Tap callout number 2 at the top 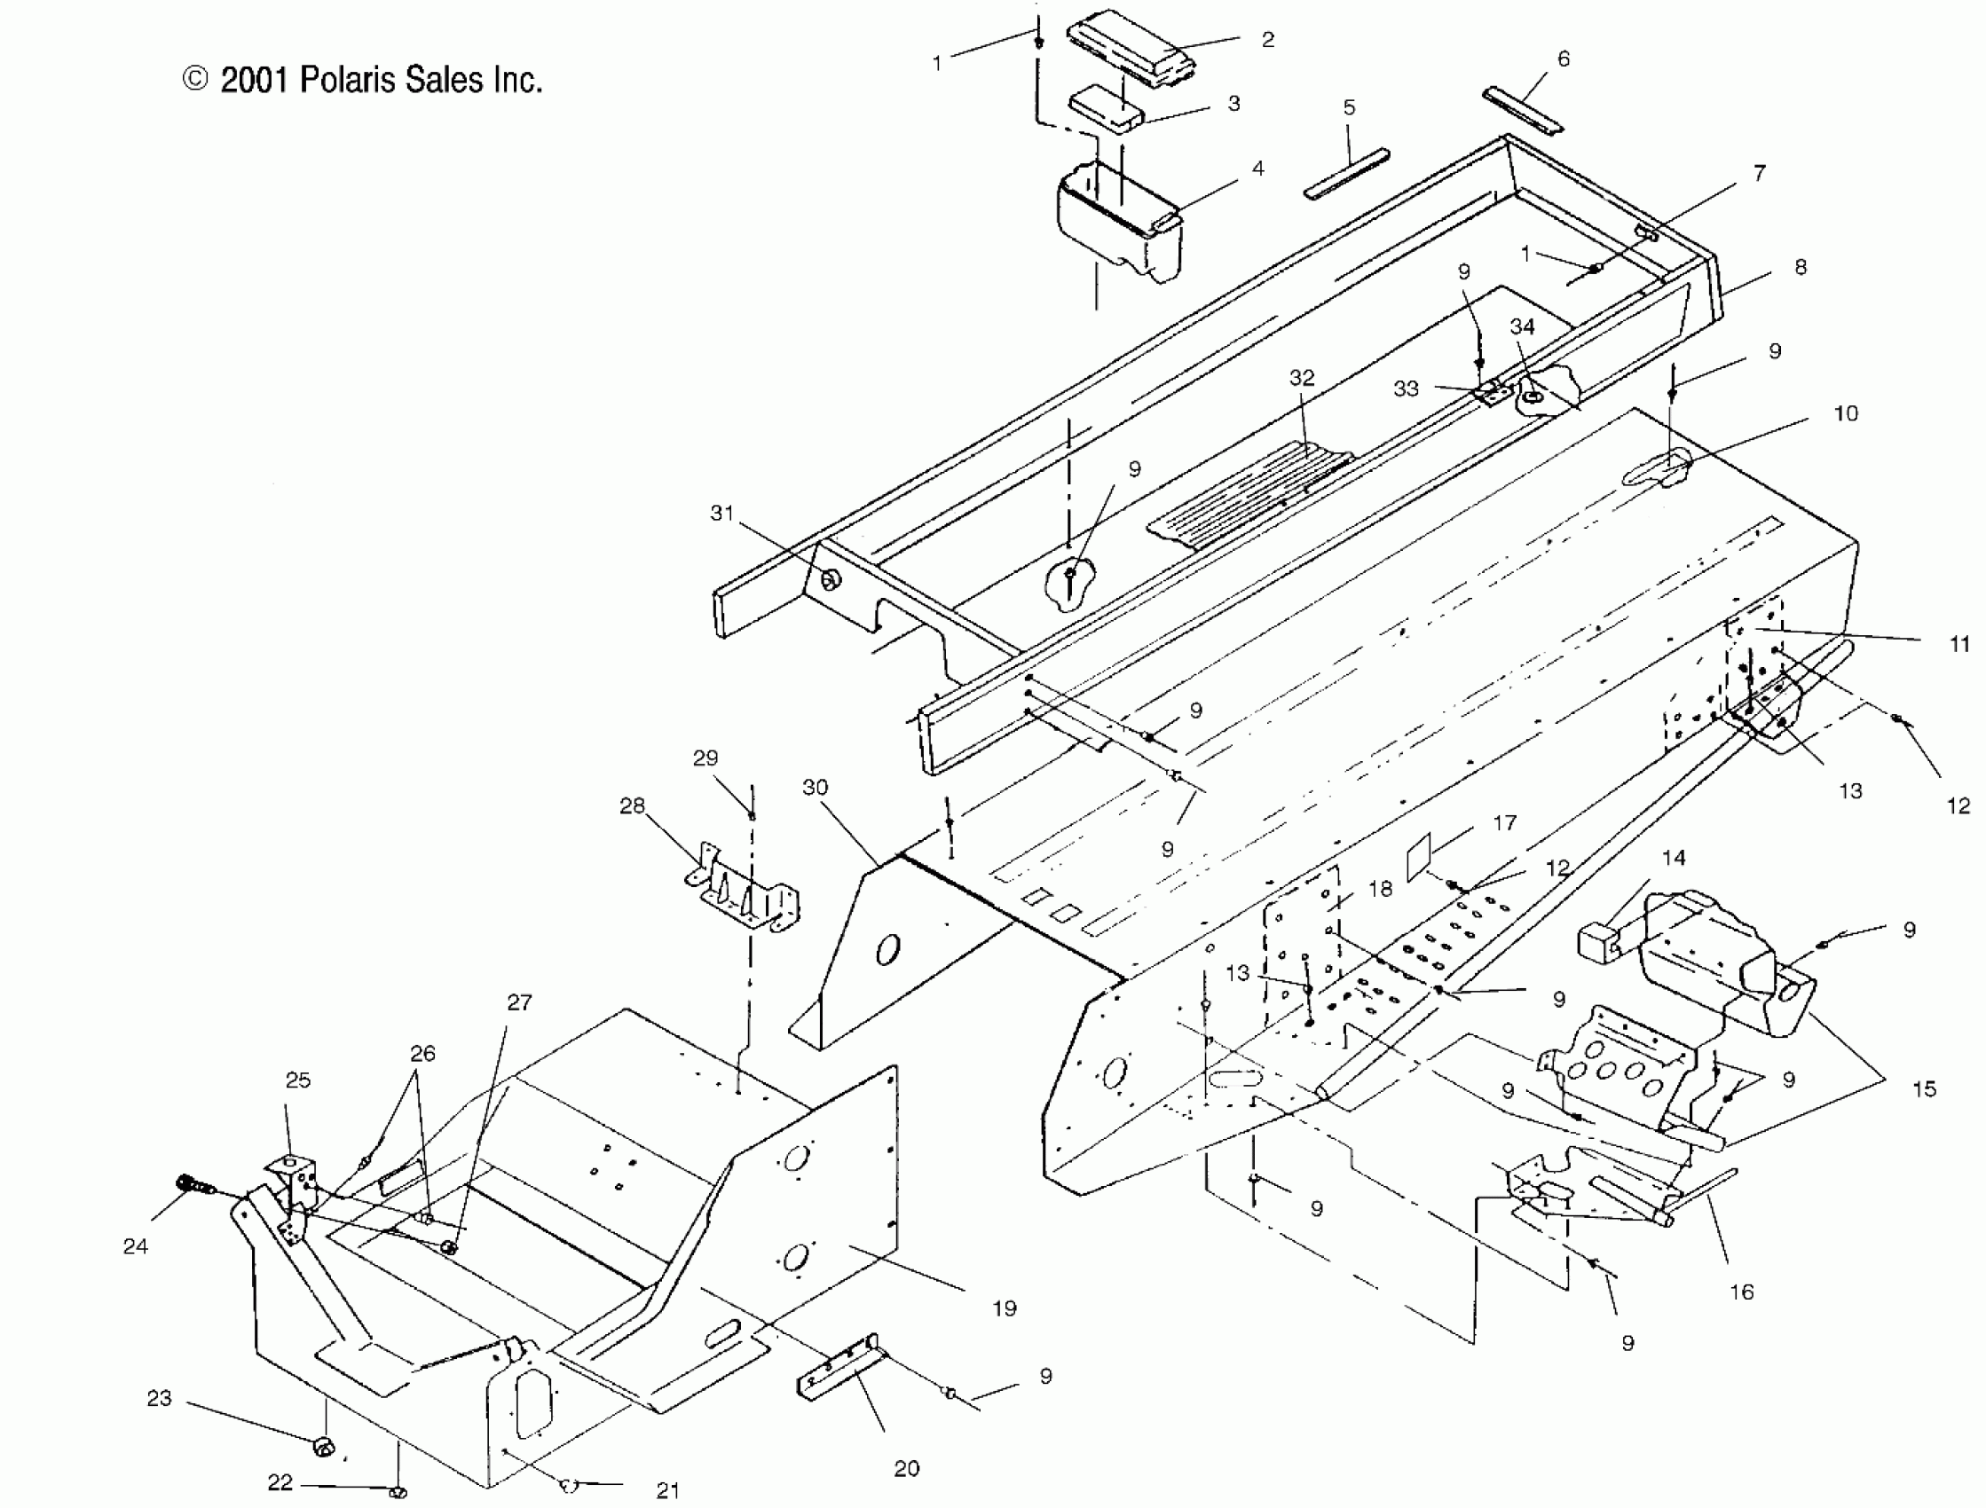tap(1268, 41)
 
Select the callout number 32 tap(1302, 378)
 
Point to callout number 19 tap(1005, 1308)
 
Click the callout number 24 tap(136, 1246)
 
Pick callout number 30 tap(815, 787)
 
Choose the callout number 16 tap(1741, 1292)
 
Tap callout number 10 tap(1846, 413)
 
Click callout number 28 tap(632, 805)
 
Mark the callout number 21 tap(667, 1491)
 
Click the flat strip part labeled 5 tap(1347, 175)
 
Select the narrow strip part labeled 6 tap(1523, 108)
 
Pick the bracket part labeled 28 tap(744, 889)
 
